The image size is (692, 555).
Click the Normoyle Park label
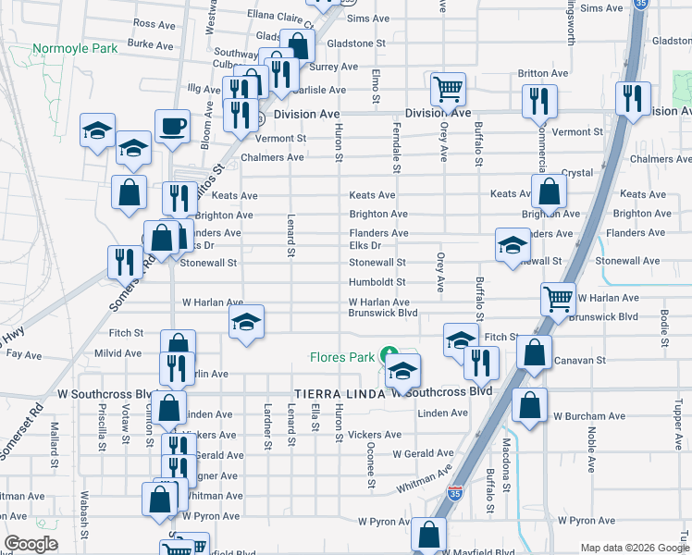pos(75,48)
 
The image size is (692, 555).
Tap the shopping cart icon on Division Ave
pos(448,91)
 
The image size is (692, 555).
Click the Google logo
pos(31,543)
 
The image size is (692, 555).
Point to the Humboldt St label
pos(377,282)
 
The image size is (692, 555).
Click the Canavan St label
pos(580,360)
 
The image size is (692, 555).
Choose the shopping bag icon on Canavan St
pos(534,352)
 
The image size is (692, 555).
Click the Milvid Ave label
pos(117,353)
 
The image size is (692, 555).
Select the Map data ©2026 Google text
pos(635,548)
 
